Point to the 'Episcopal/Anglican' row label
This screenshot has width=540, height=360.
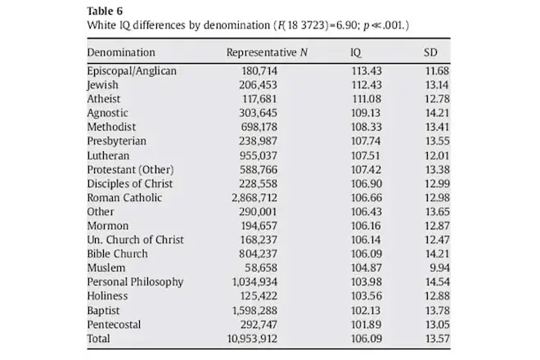point(132,71)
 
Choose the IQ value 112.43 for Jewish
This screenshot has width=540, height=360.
point(366,85)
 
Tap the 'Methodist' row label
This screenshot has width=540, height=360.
point(111,128)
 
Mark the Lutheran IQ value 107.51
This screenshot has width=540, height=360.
point(366,155)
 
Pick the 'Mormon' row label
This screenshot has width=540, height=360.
point(108,226)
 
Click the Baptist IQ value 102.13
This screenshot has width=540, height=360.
point(366,310)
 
